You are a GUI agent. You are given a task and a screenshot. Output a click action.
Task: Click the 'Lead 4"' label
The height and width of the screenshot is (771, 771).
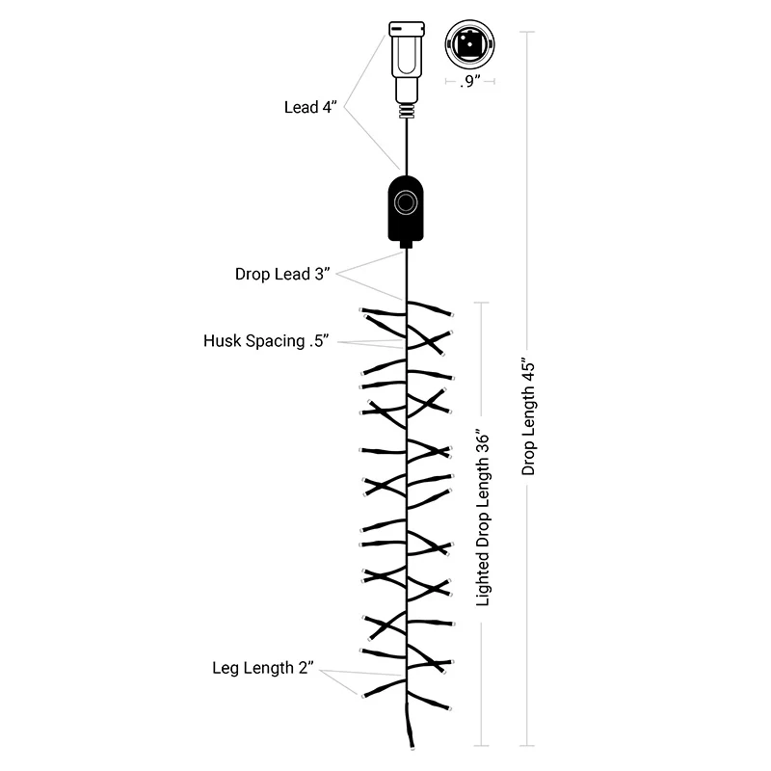coord(310,107)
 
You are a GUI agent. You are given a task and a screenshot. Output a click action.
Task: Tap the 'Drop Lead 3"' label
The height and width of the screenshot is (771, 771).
coord(282,274)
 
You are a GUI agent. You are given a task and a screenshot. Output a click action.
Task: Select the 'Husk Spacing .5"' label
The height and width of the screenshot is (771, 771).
coord(266,341)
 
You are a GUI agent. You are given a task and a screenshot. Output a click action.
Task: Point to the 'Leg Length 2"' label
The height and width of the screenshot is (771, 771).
coord(262,668)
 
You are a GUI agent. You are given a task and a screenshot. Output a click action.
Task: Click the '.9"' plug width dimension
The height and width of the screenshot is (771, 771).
coord(470,81)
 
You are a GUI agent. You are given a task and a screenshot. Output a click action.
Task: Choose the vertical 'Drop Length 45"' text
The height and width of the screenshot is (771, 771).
coord(528,419)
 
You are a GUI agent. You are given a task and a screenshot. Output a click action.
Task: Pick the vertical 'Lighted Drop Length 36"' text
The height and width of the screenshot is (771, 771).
coord(483,519)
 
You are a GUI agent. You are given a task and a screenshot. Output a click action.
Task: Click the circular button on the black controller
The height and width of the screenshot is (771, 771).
coord(406,202)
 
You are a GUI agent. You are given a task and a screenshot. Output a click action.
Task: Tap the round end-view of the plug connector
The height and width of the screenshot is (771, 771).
coord(469,44)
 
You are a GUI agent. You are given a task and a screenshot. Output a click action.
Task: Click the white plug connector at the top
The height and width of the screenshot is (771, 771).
coord(407,62)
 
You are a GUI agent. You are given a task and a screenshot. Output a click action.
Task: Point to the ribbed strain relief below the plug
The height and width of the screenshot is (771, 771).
coord(407,111)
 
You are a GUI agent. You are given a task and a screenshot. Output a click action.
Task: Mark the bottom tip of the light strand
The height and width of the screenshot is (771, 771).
coord(412,748)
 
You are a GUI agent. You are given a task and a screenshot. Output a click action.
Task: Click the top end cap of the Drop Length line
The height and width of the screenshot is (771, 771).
coord(527,32)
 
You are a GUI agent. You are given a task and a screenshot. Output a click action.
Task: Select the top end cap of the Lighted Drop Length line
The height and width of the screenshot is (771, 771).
coord(481,303)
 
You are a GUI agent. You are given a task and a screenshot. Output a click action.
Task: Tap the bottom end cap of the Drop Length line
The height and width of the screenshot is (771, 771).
coord(527,746)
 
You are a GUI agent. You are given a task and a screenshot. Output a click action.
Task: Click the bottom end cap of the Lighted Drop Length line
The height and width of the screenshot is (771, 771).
coord(481,746)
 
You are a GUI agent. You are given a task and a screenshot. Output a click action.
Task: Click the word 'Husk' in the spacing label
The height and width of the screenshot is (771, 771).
coord(223,341)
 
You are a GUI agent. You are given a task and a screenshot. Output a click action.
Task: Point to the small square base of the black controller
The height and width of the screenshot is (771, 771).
coord(406,244)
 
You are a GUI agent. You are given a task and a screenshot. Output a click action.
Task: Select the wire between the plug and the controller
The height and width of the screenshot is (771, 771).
coord(407,147)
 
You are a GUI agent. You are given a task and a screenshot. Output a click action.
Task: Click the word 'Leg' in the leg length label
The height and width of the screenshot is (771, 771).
coord(224,668)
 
